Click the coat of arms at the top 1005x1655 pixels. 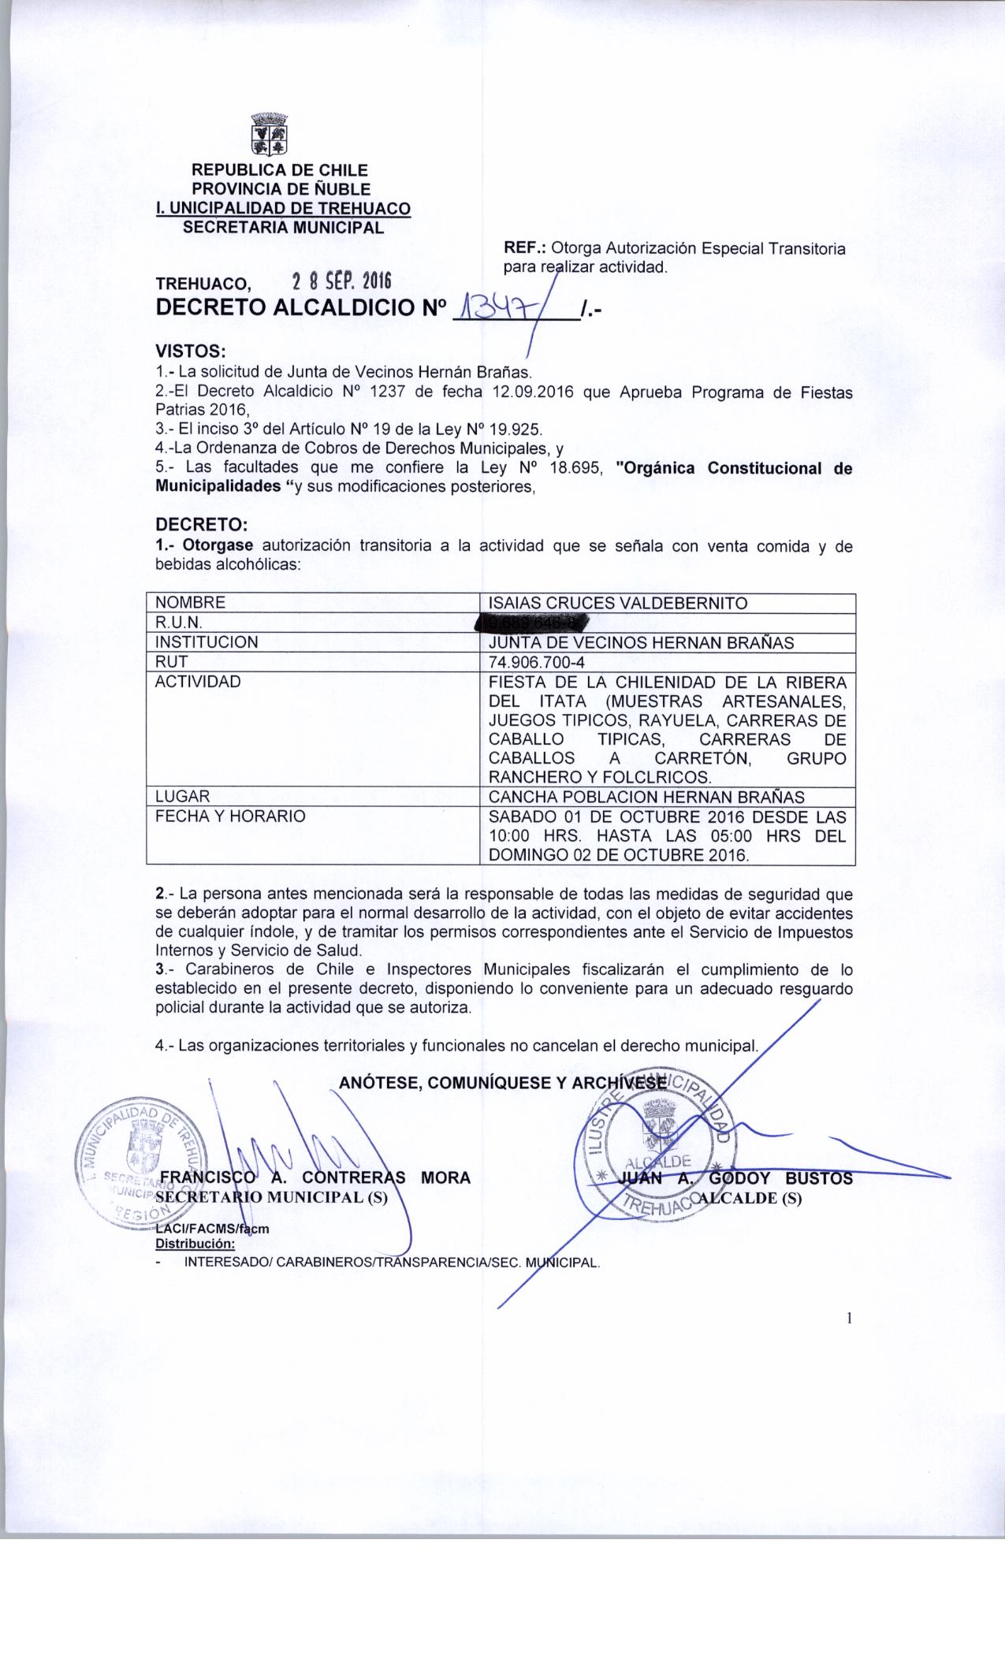point(269,135)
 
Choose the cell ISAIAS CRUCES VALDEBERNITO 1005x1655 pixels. point(618,604)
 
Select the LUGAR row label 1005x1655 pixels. point(182,796)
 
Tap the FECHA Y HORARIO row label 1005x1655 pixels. point(229,816)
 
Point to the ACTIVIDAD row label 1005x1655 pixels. point(197,682)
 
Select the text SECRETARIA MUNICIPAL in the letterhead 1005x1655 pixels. point(284,228)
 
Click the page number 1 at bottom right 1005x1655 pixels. point(850,1318)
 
